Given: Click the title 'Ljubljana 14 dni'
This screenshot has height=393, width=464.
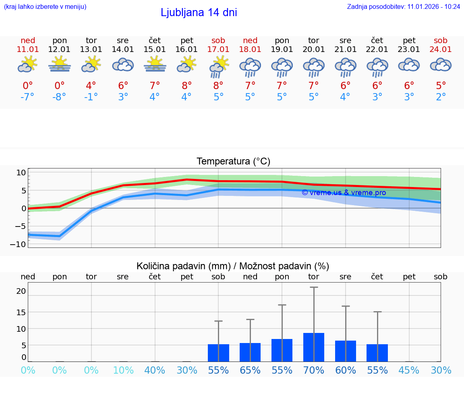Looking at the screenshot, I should point(199,12).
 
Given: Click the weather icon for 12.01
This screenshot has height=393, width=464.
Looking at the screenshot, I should point(60,64).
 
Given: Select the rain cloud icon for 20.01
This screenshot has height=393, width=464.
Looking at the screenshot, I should point(314,67).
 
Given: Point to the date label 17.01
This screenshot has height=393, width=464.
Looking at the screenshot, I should point(218,50).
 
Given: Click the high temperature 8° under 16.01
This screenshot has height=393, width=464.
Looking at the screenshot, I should point(186,86).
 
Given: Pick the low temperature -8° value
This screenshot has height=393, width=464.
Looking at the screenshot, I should point(59,97).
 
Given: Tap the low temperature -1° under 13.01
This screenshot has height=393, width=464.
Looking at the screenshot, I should point(91,97).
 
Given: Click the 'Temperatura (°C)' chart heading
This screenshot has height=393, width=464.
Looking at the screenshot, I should point(233,162).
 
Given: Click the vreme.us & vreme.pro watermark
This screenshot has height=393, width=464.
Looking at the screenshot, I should point(344,193).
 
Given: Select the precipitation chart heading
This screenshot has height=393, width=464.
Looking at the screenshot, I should point(233,266).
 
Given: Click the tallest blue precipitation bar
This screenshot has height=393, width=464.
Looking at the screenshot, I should point(314,347).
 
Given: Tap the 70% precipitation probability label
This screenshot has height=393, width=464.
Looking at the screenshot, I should point(314,370).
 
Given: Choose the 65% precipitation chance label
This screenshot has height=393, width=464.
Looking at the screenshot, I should point(250,370).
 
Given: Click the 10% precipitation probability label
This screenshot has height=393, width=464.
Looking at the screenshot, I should point(123,370).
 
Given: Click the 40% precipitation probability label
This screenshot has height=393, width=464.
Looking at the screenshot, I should point(155,370).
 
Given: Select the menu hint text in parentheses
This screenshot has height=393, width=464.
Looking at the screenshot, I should point(45,7).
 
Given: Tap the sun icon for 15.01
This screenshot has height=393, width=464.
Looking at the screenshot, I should point(155,64).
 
